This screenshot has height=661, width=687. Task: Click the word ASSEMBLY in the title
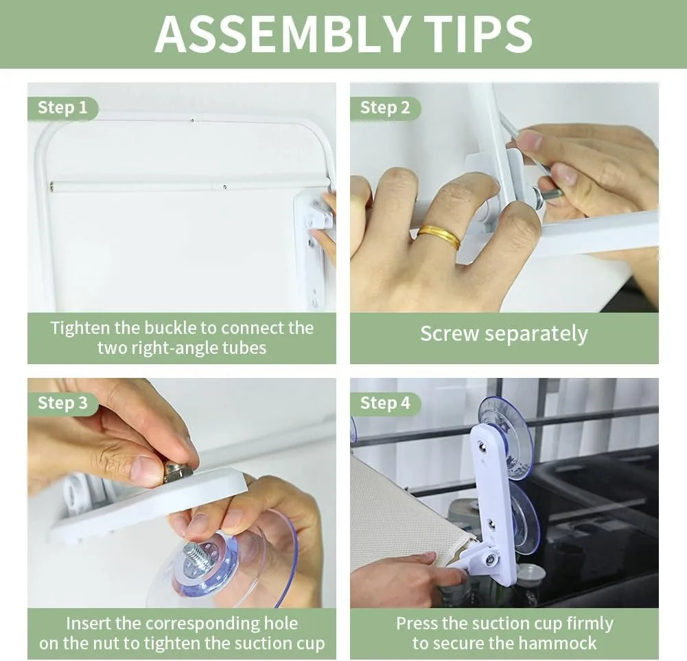282,34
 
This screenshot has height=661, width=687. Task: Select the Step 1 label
62,108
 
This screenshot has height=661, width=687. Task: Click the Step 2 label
385,108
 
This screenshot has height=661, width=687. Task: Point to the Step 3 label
62,403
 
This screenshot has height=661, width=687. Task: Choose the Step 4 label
385,403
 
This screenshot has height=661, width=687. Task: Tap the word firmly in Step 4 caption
590,624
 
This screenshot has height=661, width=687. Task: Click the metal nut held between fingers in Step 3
177,473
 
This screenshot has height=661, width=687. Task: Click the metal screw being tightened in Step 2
548,194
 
